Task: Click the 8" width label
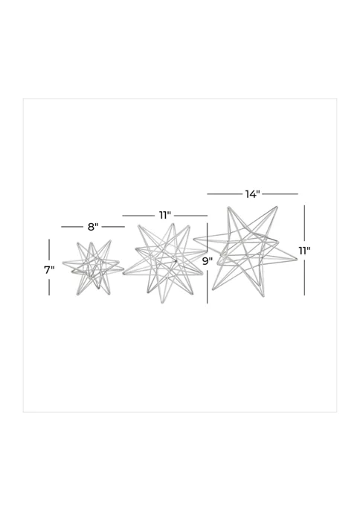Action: tap(93, 227)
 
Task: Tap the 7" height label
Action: tap(49, 270)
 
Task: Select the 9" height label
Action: tap(208, 261)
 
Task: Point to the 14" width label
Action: tap(252, 194)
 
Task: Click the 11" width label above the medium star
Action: tap(165, 216)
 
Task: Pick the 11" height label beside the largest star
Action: tap(305, 251)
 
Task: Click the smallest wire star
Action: tap(93, 267)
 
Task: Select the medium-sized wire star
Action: tap(164, 263)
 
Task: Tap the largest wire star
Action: tap(245, 251)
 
